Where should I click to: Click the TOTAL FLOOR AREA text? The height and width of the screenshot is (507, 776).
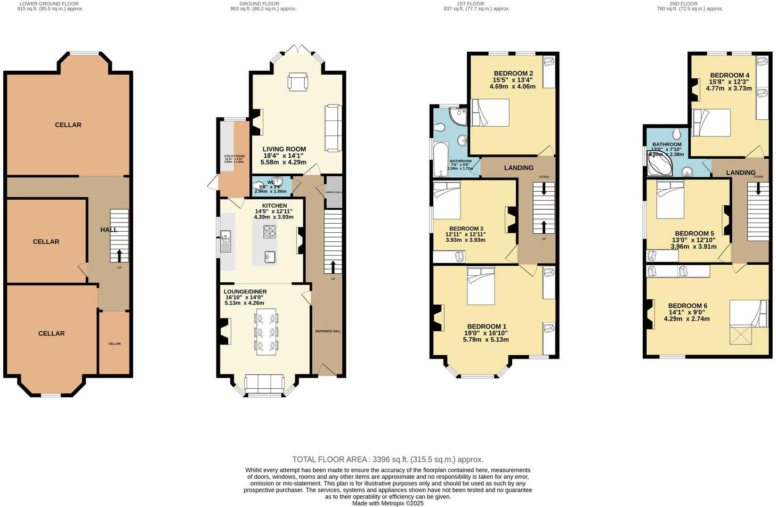click(387, 459)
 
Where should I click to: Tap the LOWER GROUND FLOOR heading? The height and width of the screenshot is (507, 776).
click(51, 4)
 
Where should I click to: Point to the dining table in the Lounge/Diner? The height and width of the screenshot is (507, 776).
click(266, 331)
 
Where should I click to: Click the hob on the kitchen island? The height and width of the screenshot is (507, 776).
click(270, 231)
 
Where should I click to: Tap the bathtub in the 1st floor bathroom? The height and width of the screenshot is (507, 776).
click(440, 159)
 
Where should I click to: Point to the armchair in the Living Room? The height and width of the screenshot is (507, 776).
click(297, 81)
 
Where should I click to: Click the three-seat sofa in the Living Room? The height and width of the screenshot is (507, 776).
click(333, 128)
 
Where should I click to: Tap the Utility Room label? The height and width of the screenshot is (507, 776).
click(233, 158)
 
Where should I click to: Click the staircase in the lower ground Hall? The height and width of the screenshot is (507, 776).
click(119, 235)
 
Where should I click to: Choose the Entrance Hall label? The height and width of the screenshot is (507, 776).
click(328, 331)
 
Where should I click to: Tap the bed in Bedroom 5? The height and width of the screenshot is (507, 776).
click(670, 200)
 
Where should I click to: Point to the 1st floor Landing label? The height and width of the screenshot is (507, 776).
click(519, 168)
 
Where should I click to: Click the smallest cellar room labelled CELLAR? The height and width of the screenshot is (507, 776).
click(114, 344)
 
